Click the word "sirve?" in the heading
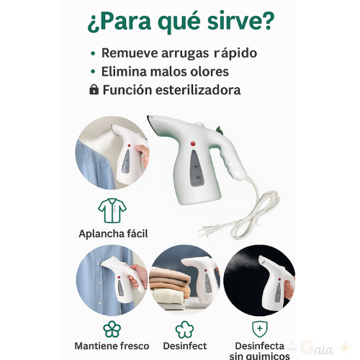point(240,21)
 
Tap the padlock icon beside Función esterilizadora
point(94,89)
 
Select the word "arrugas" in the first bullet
point(185,53)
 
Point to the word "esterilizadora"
point(198,90)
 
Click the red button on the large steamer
point(193,143)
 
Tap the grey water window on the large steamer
point(197,168)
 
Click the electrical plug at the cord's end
point(208,230)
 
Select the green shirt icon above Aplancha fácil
point(112,210)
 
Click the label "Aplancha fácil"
point(113,233)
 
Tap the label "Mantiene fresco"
point(112,346)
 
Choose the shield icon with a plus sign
point(260,329)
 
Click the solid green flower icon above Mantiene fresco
point(112,329)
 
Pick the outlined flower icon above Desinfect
point(184,330)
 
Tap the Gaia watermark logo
point(318,348)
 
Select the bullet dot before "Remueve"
point(93,53)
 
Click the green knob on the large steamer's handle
point(219,130)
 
